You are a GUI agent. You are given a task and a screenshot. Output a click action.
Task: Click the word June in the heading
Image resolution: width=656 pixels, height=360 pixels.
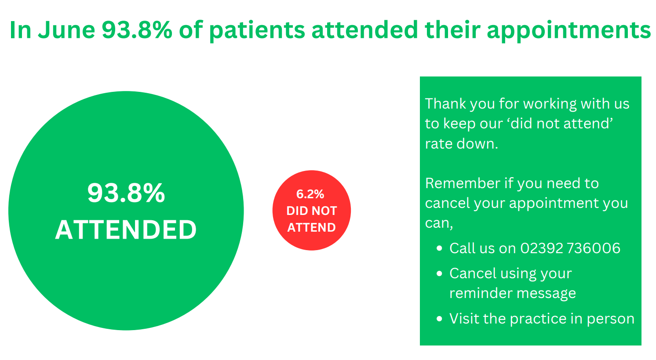[x=67, y=30]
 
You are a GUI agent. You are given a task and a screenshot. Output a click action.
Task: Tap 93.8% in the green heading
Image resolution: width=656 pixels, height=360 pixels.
[x=137, y=30]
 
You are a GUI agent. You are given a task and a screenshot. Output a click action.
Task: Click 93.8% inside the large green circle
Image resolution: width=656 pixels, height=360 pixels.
[x=126, y=193]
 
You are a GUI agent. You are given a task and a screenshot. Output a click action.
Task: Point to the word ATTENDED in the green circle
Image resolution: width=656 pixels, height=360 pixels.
[x=126, y=230]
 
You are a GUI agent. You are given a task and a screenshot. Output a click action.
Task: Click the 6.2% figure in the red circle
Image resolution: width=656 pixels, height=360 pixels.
[x=310, y=194]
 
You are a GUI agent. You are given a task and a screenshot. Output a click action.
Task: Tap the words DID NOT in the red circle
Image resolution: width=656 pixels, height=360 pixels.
[x=312, y=211]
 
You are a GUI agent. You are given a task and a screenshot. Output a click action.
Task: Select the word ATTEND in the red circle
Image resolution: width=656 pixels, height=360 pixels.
[x=312, y=227]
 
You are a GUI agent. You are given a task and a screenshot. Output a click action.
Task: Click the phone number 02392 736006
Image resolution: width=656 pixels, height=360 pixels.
[x=570, y=248]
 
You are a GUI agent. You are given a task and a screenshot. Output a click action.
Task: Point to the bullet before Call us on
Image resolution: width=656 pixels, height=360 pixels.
[x=439, y=248]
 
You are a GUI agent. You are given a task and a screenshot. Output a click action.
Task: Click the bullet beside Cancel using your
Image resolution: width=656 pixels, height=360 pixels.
[x=439, y=274]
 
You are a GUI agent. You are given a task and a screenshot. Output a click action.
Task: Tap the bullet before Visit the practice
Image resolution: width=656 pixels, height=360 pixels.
[x=439, y=319]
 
